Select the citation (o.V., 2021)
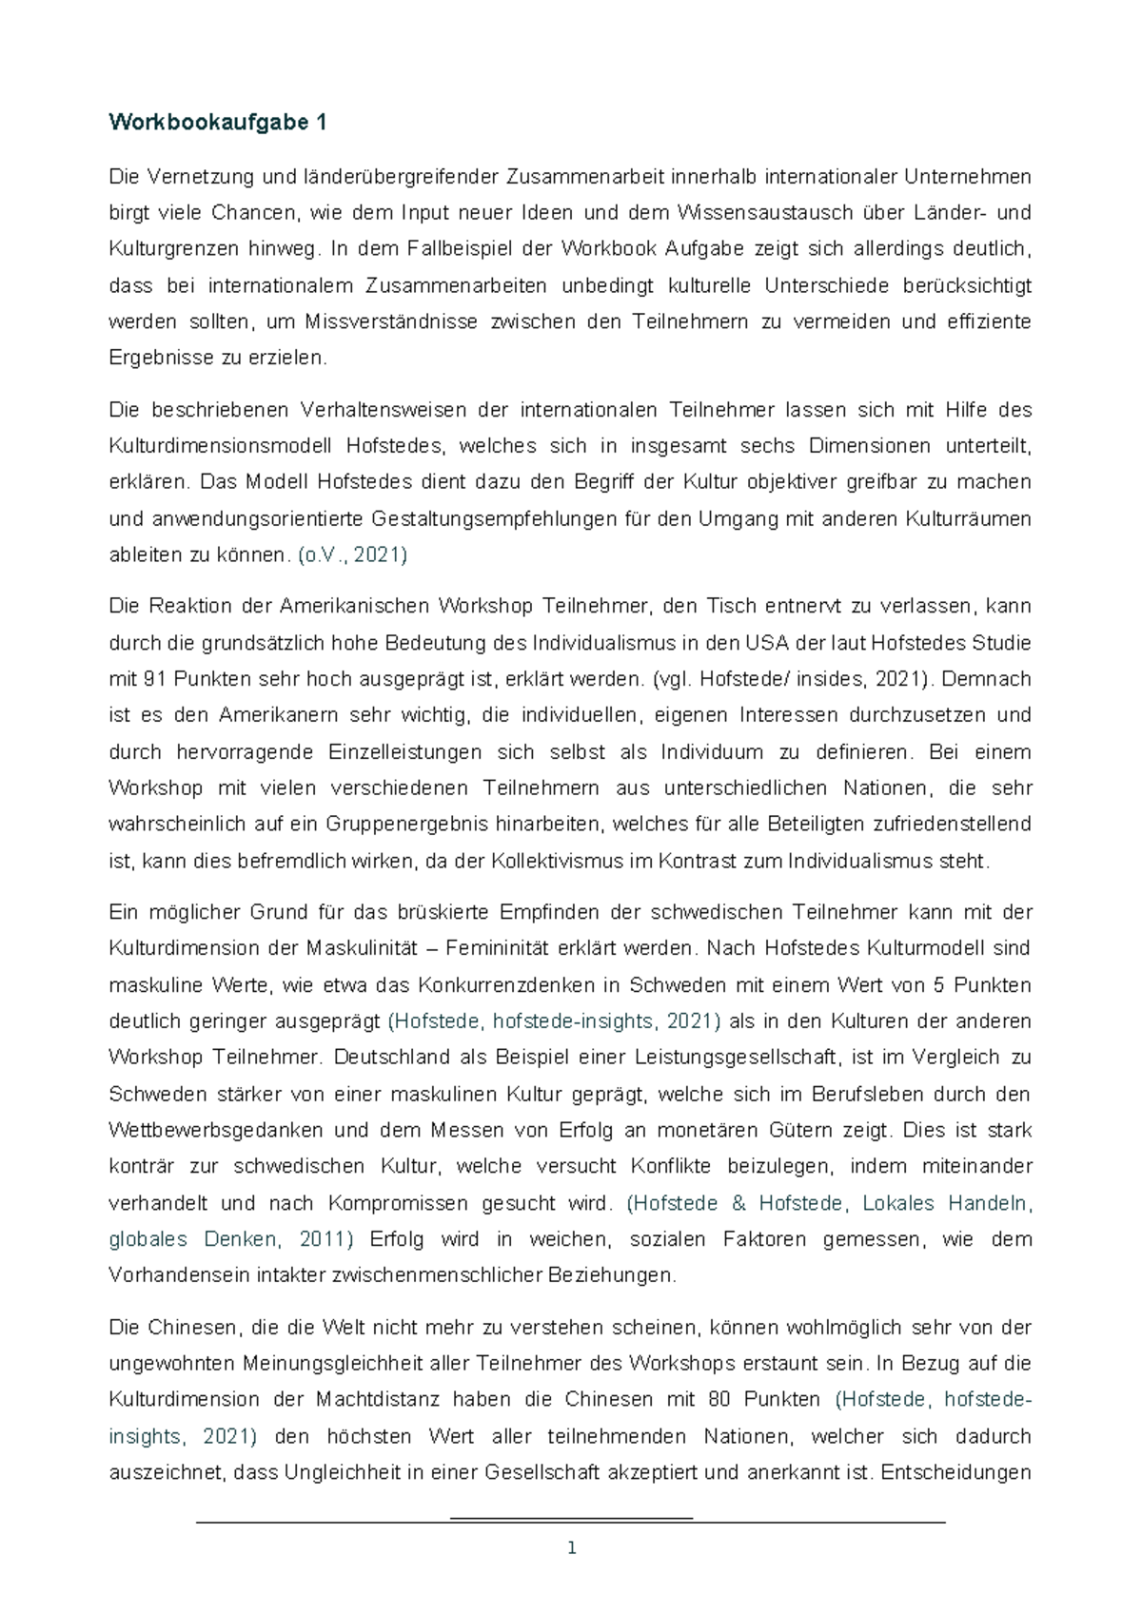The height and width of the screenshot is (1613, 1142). click(x=352, y=555)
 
